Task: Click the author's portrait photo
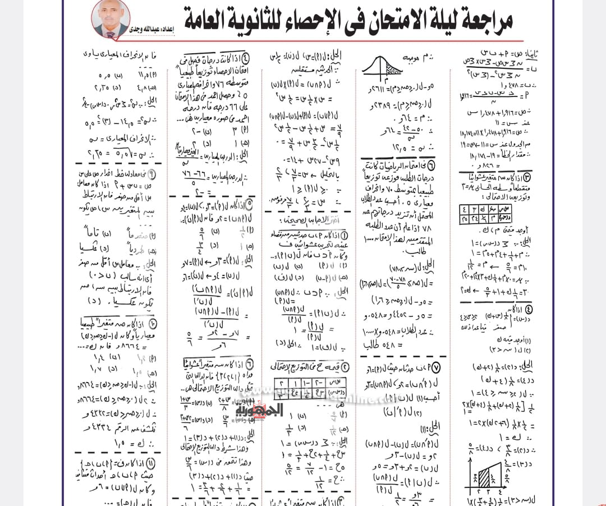click(110, 19)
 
